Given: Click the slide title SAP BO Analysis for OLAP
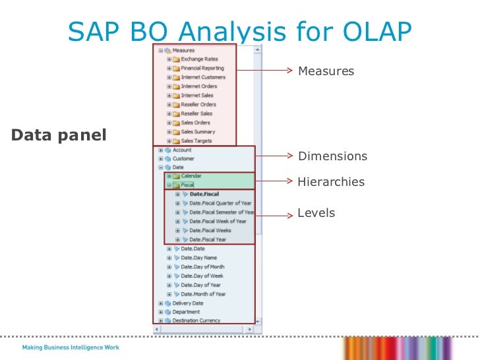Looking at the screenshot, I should tap(240, 30).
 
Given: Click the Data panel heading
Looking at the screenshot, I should tap(59, 135).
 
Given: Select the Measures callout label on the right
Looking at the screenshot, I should tap(326, 71).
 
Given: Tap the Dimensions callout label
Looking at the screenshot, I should tap(332, 156).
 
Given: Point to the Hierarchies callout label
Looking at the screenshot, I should tap(330, 181).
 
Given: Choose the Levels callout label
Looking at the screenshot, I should tap(316, 213).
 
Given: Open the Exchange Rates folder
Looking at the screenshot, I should tap(198, 59).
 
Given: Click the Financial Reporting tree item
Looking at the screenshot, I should tap(202, 68).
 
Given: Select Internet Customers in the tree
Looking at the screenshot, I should tap(203, 77).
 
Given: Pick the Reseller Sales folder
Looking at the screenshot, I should tap(198, 113).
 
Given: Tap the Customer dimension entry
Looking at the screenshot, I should tap(183, 159).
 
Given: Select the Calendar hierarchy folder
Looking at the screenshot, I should tap(191, 176).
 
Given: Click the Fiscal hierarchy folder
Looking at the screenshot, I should tap(187, 185).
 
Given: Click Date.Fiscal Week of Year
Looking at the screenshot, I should tap(218, 222).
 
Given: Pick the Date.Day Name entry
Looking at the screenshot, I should tap(198, 258).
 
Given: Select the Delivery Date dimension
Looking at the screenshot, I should tap(187, 303).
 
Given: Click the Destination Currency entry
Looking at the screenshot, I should tap(195, 320).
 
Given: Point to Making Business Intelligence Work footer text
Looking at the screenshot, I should tap(71, 347).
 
